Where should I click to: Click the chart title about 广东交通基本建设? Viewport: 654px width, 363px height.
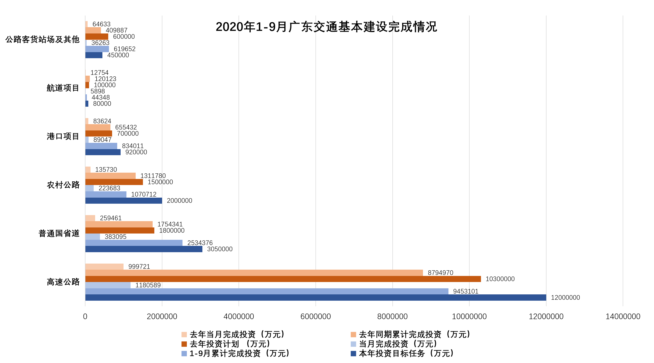[x=326, y=27]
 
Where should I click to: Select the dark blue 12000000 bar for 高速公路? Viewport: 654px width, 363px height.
[x=315, y=298]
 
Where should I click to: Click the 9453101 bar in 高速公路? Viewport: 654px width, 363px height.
[x=267, y=291]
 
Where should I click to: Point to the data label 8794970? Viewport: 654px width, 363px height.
[x=440, y=273]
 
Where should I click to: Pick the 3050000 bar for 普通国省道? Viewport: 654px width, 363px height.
[x=144, y=249]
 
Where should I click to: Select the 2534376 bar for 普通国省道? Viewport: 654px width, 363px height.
[x=134, y=243]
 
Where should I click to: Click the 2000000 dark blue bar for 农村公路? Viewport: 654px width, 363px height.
[x=124, y=201]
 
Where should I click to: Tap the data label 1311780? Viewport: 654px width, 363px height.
[x=153, y=176]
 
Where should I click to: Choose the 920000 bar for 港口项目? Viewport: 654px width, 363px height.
[x=103, y=152]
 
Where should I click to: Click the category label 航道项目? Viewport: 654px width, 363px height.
[x=63, y=88]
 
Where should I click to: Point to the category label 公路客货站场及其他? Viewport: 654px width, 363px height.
[x=42, y=40]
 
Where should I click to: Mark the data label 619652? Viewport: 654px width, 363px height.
[x=124, y=49]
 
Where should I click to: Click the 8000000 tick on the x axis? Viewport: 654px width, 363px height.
[x=392, y=316]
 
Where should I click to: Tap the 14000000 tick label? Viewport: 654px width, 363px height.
[x=622, y=316]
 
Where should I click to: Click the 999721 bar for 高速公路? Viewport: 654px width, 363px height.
[x=104, y=266]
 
